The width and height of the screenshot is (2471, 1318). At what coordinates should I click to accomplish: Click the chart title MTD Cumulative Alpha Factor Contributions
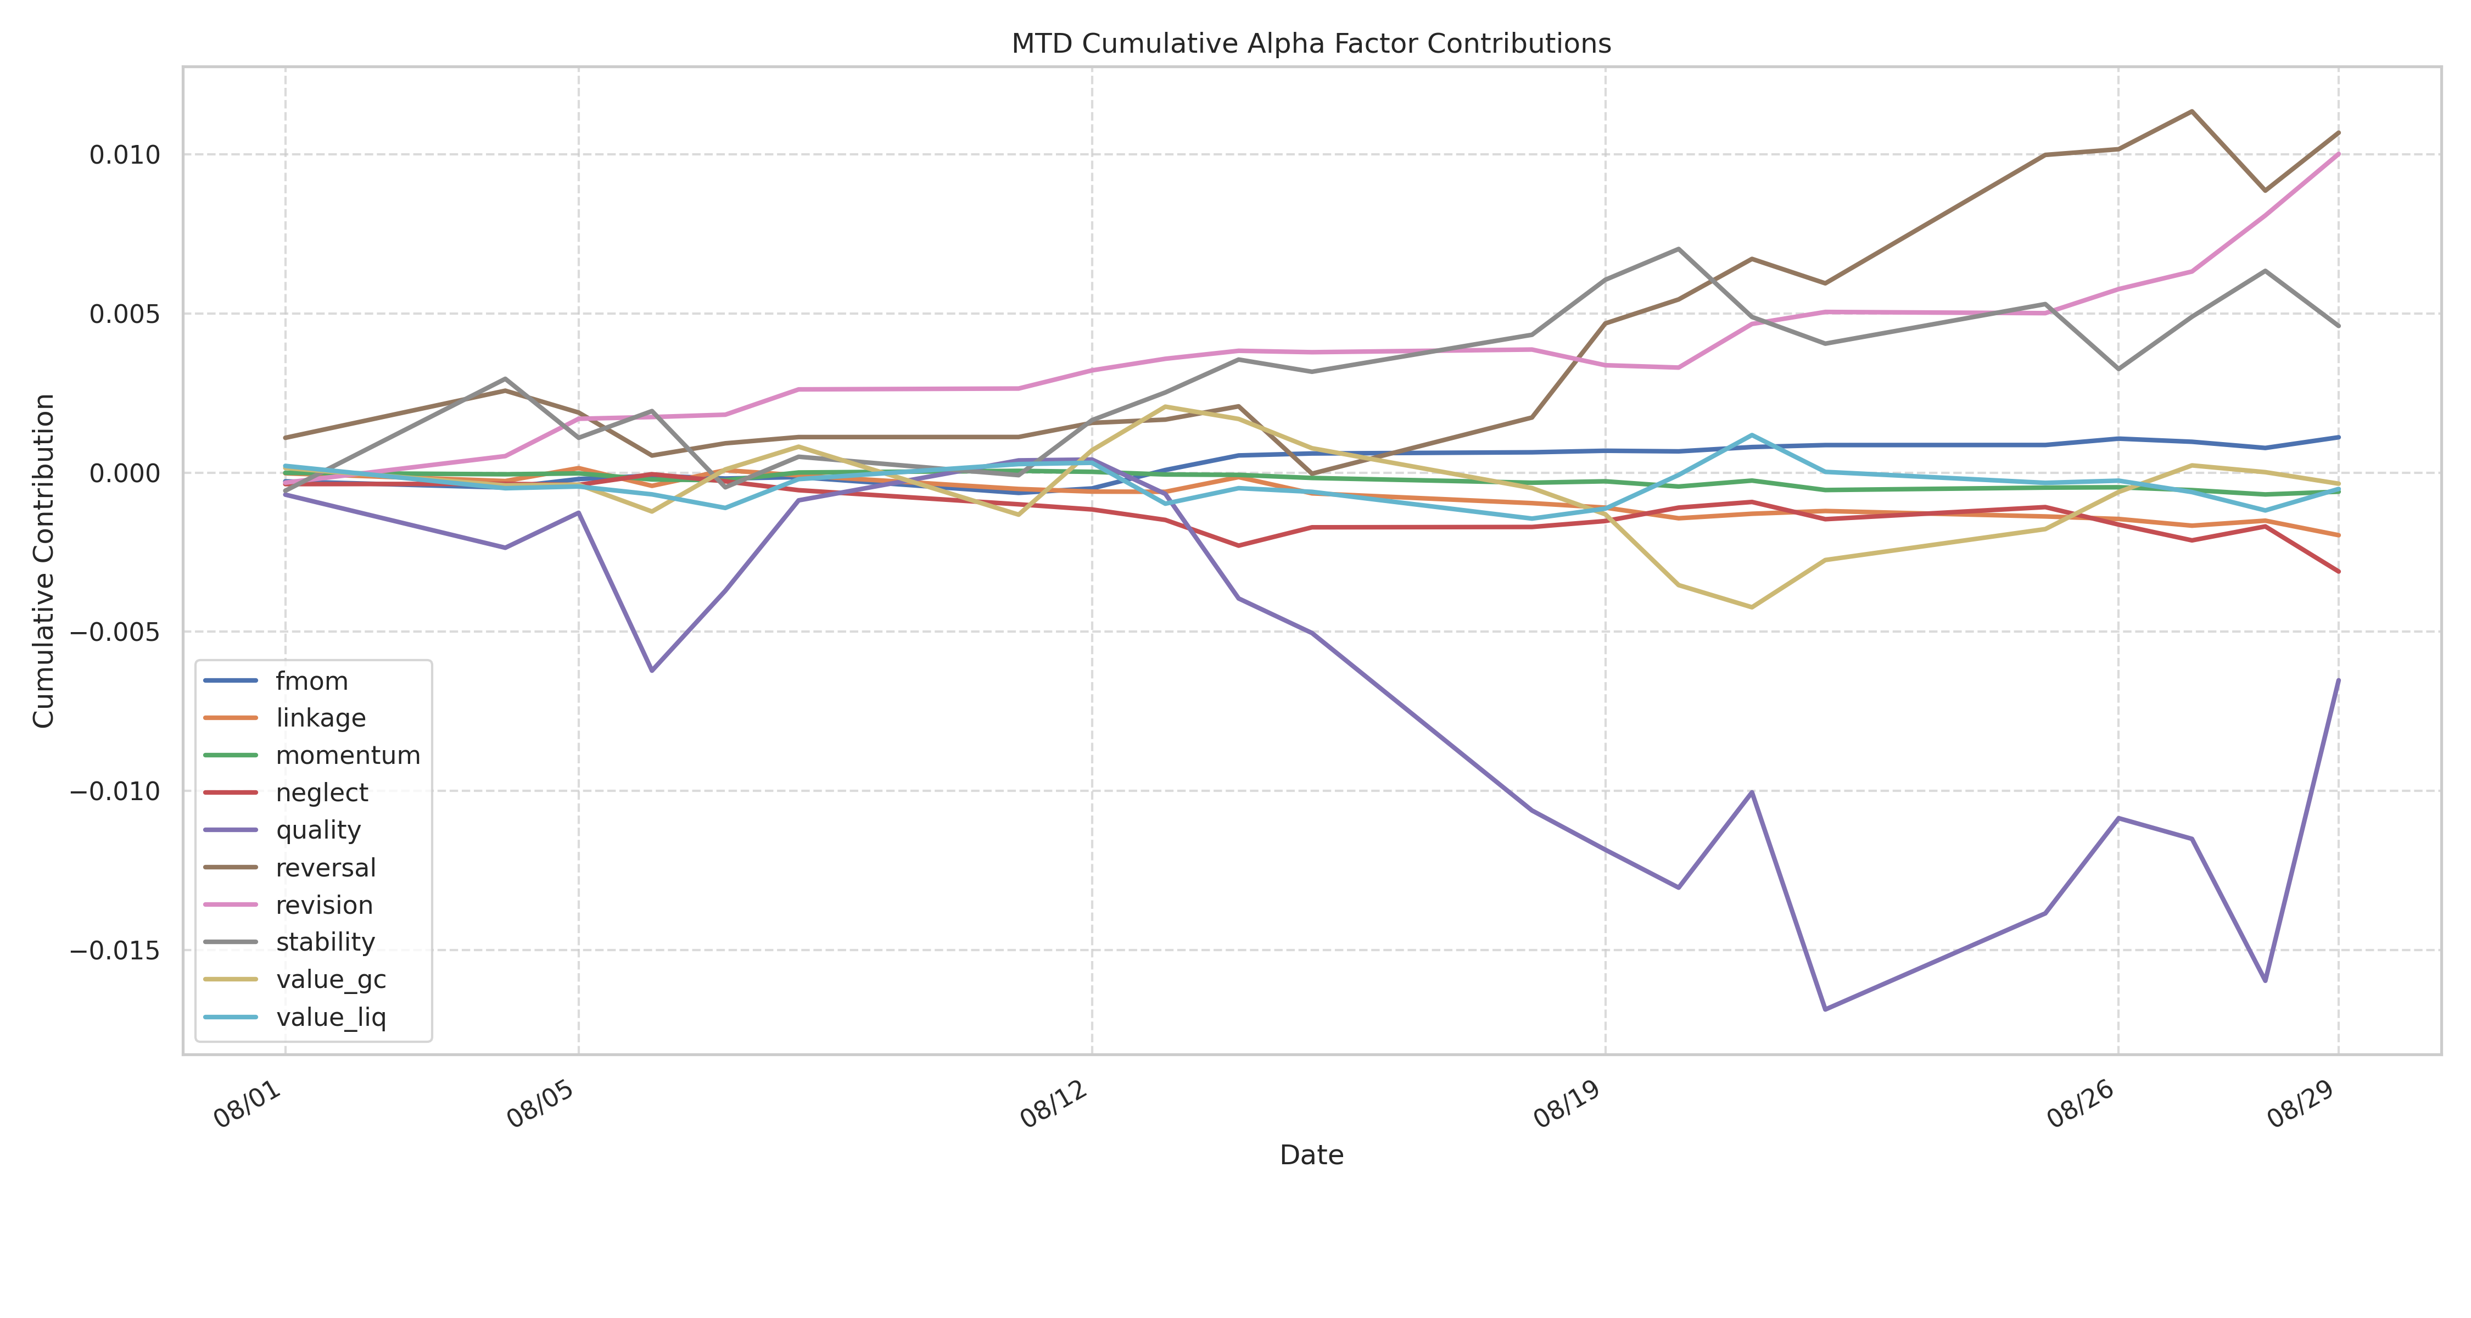click(x=1310, y=44)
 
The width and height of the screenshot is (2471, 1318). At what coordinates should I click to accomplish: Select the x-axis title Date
click(x=1310, y=1155)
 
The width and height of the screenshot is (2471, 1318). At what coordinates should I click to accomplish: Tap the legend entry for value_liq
click(x=330, y=1017)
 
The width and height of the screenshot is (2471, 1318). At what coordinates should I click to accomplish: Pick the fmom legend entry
click(x=311, y=681)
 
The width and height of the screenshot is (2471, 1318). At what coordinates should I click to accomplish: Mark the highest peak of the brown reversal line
click(x=2191, y=111)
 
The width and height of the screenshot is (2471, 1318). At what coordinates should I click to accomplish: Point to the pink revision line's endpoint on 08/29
click(x=2338, y=154)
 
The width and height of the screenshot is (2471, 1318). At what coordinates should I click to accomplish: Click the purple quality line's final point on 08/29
click(x=2338, y=680)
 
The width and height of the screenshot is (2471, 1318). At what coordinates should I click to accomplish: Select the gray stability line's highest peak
click(x=1678, y=249)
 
